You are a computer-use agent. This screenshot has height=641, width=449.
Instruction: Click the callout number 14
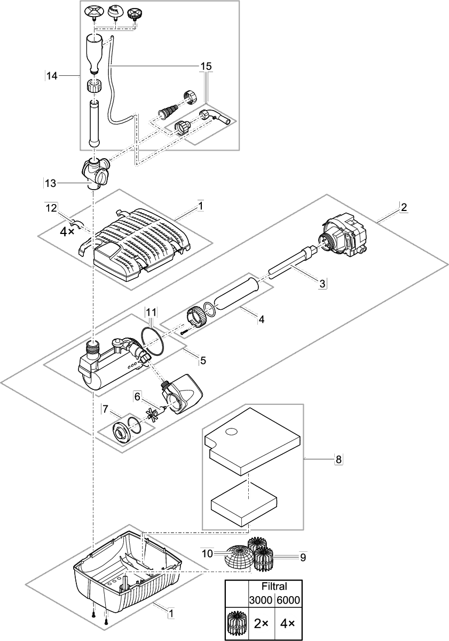point(52,76)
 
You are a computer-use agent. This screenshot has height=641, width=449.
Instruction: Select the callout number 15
point(206,66)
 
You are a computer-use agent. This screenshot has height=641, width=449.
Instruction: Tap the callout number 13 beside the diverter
point(50,183)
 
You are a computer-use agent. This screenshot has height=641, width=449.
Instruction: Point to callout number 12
point(51,207)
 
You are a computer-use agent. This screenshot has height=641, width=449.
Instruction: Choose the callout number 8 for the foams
point(337,459)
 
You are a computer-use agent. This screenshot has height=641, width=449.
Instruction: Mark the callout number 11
point(151,311)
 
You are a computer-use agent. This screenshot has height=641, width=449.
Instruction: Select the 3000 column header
point(261,600)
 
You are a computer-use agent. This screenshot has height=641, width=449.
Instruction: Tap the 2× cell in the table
point(261,623)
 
